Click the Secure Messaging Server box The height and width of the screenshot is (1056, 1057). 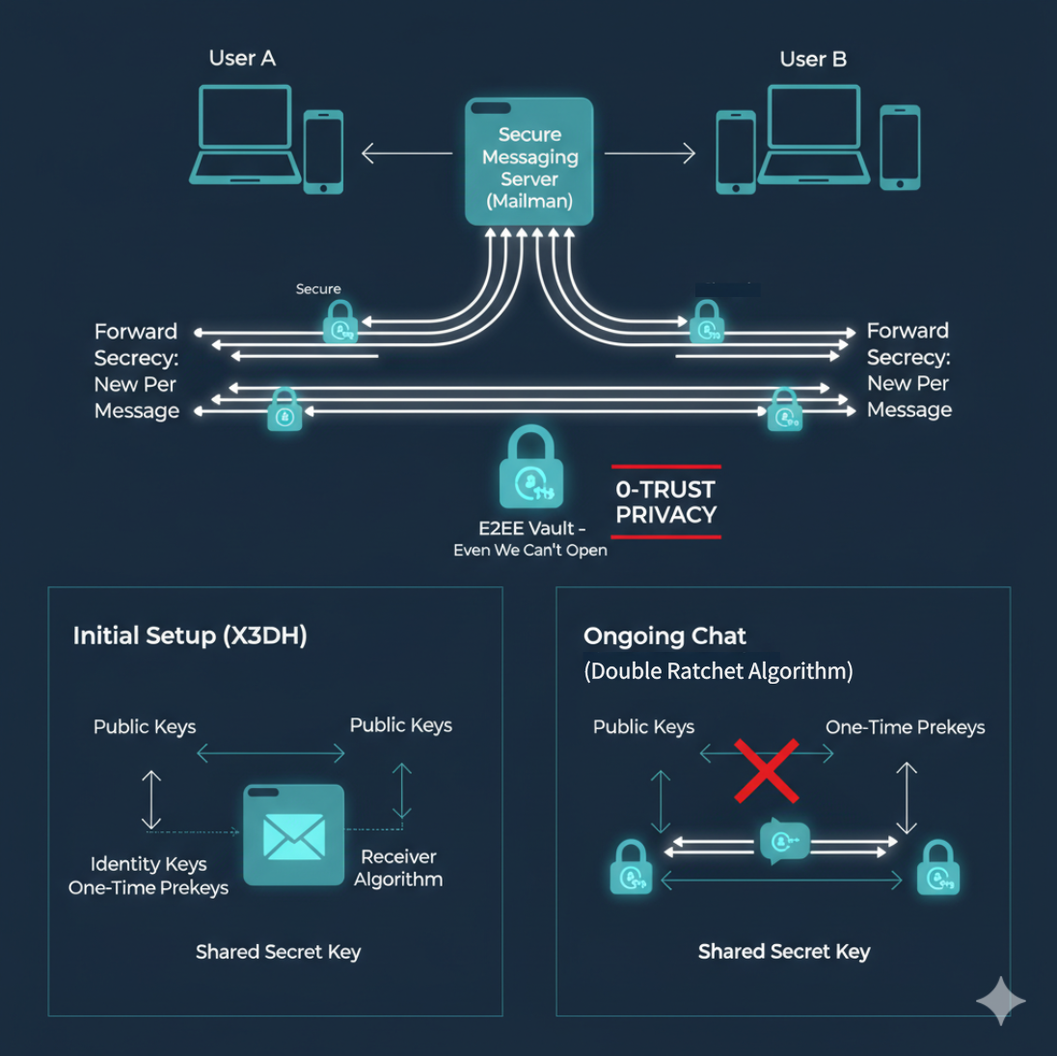point(528,162)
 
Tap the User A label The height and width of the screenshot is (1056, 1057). point(242,59)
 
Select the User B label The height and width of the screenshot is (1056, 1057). point(813,60)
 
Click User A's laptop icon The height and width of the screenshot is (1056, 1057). point(245,134)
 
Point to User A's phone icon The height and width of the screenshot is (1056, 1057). point(323,151)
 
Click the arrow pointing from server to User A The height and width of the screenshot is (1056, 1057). point(406,153)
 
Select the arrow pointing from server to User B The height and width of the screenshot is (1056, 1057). point(650,153)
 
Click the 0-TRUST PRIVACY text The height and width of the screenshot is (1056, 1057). point(665,502)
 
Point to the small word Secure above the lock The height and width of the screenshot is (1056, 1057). point(318,288)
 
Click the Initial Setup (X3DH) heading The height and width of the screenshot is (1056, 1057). point(190,636)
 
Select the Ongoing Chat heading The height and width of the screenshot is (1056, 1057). point(664,636)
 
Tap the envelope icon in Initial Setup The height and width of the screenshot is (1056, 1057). point(294,835)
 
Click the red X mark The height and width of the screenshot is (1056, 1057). point(767,771)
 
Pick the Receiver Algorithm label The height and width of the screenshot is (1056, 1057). point(398,868)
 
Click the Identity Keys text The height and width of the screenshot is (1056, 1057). point(149,864)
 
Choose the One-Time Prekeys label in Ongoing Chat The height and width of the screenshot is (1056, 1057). point(905,727)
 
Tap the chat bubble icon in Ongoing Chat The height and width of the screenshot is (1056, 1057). point(783,841)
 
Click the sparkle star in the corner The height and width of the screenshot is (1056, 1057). point(1000,1001)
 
